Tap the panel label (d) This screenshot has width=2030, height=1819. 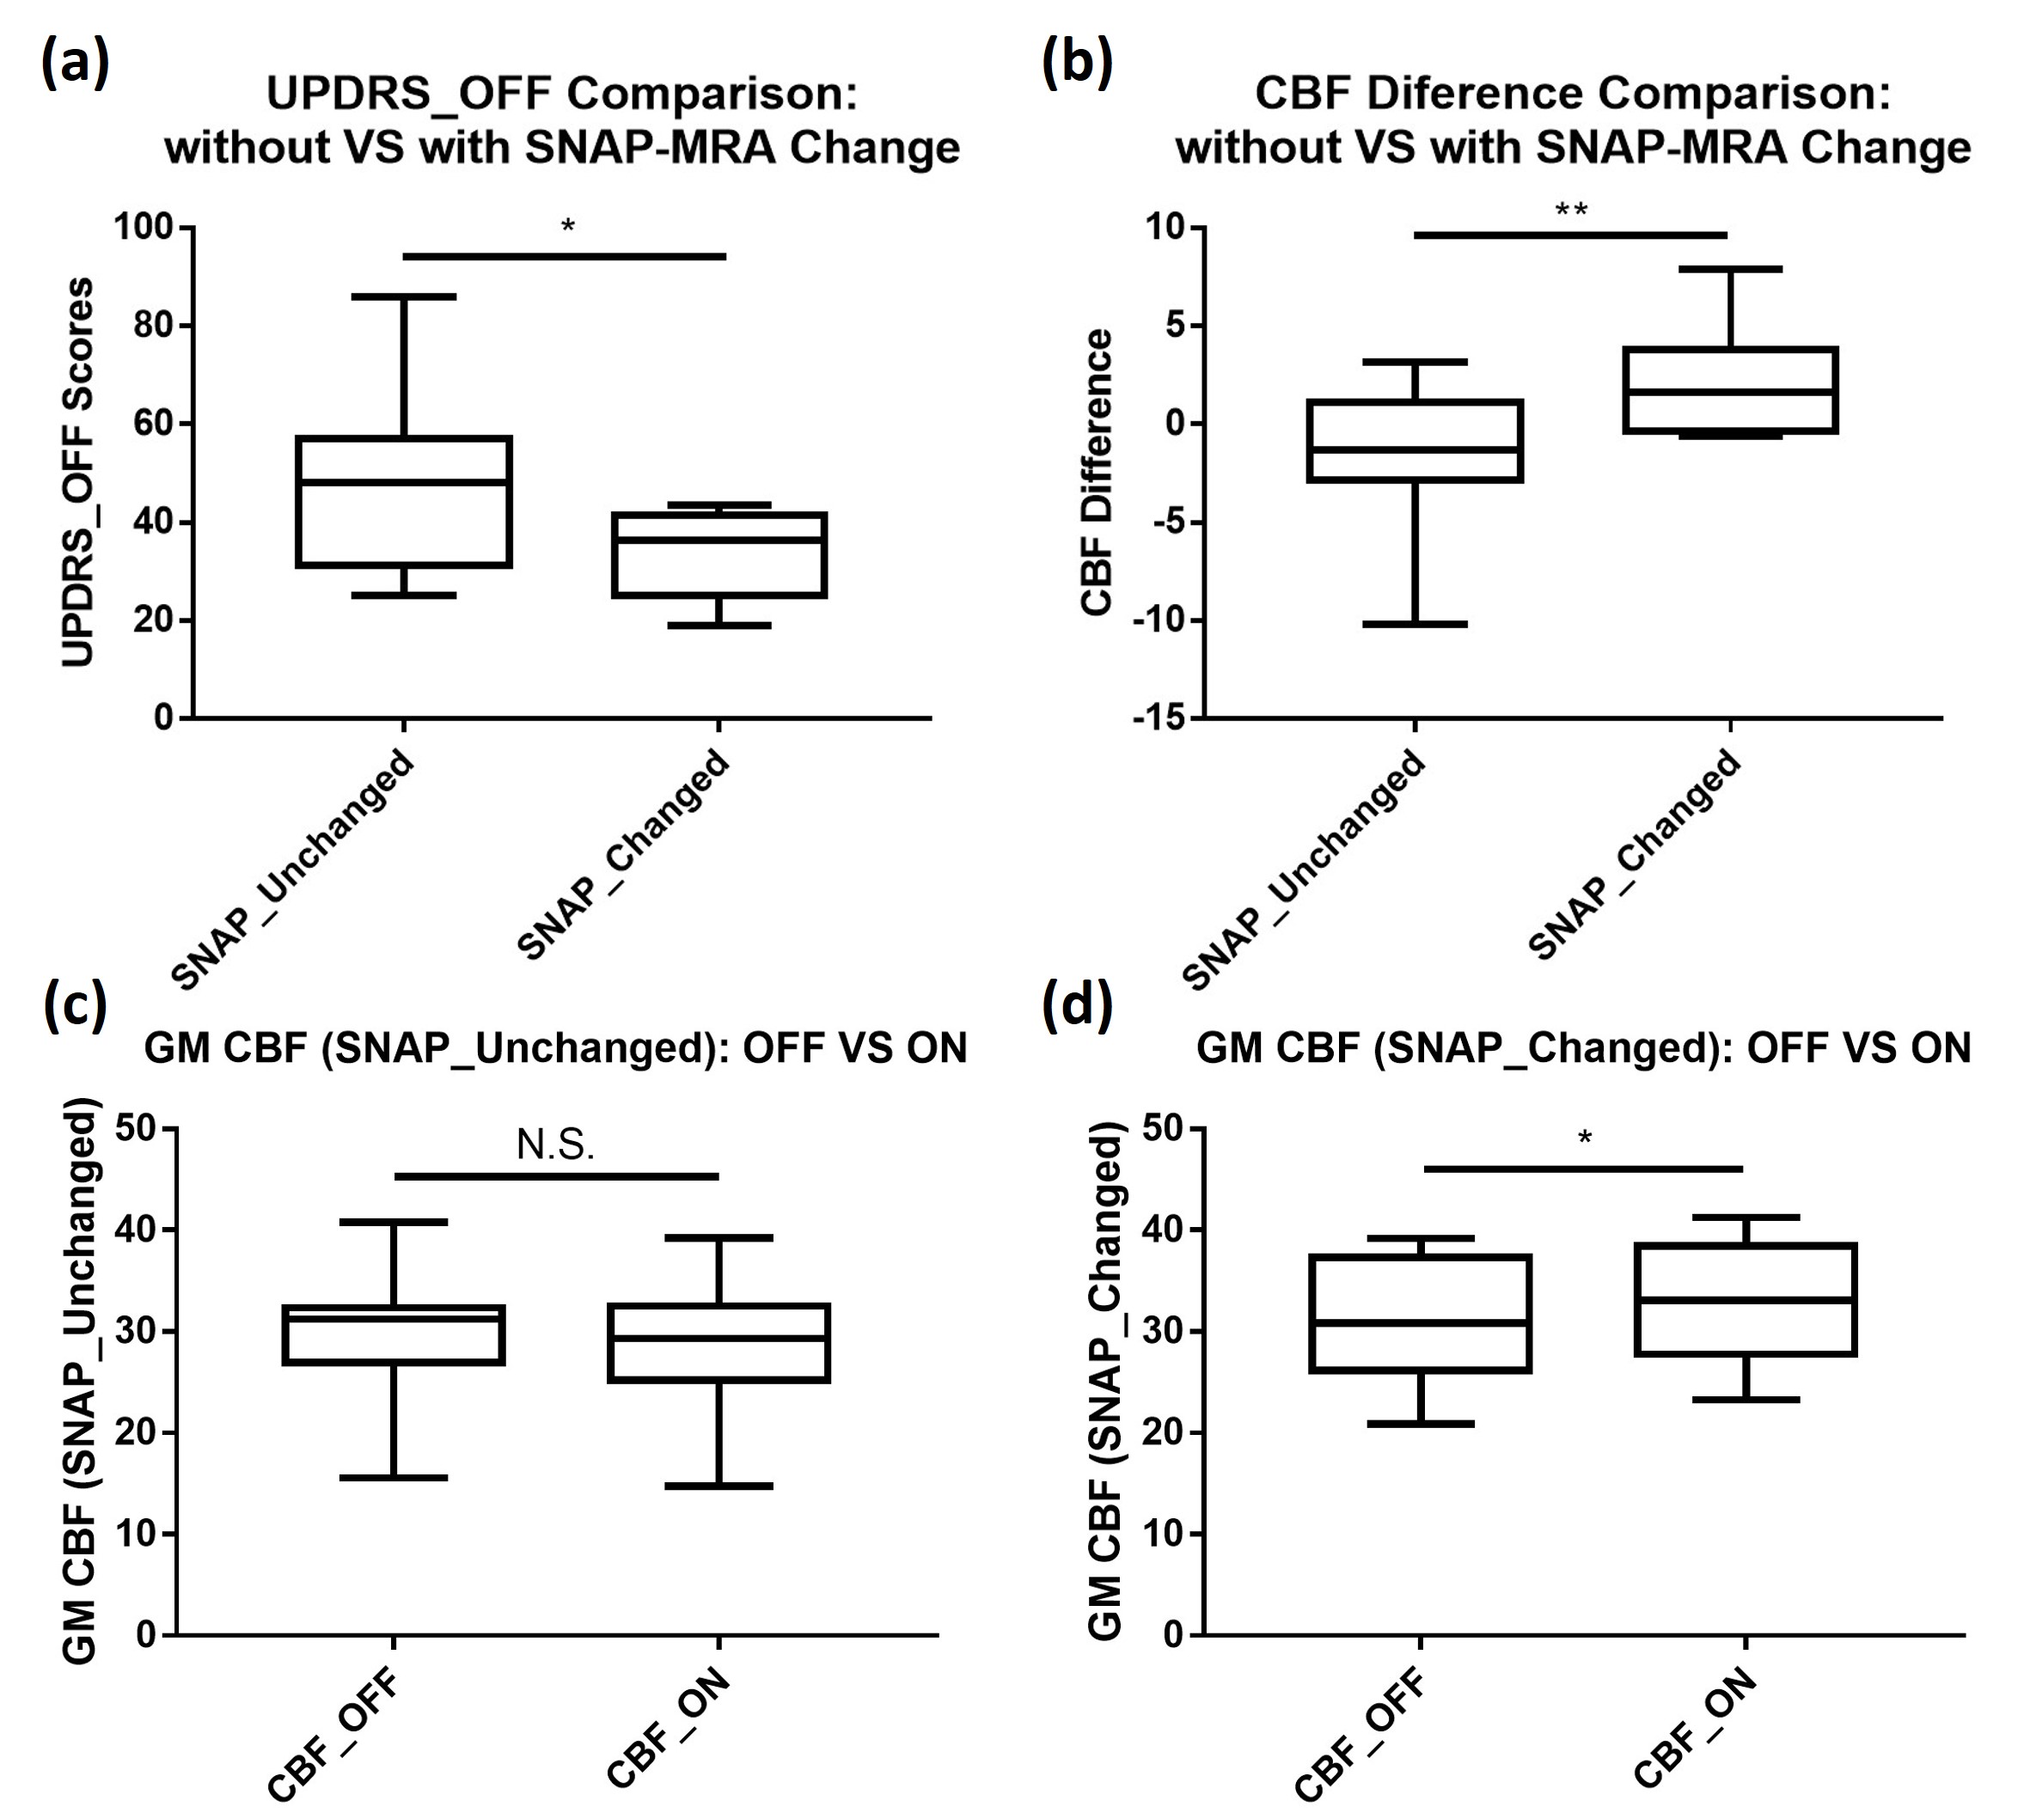pos(1077,1006)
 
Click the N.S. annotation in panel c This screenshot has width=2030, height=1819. pos(556,1145)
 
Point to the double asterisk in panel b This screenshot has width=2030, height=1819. pos(1571,211)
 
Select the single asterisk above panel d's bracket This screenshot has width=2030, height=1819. pos(1584,1138)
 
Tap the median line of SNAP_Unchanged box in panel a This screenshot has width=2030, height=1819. pos(404,482)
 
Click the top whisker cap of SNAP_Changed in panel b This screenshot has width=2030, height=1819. pos(1730,269)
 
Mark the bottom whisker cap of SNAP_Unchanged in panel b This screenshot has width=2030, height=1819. pos(1415,624)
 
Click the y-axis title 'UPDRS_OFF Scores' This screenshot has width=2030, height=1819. pos(78,472)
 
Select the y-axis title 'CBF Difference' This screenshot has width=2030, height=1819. pos(1097,472)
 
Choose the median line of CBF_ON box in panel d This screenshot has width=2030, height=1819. pos(1746,1299)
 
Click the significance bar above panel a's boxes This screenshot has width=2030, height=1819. pos(564,257)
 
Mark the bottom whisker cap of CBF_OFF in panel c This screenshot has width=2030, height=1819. pos(394,1477)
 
